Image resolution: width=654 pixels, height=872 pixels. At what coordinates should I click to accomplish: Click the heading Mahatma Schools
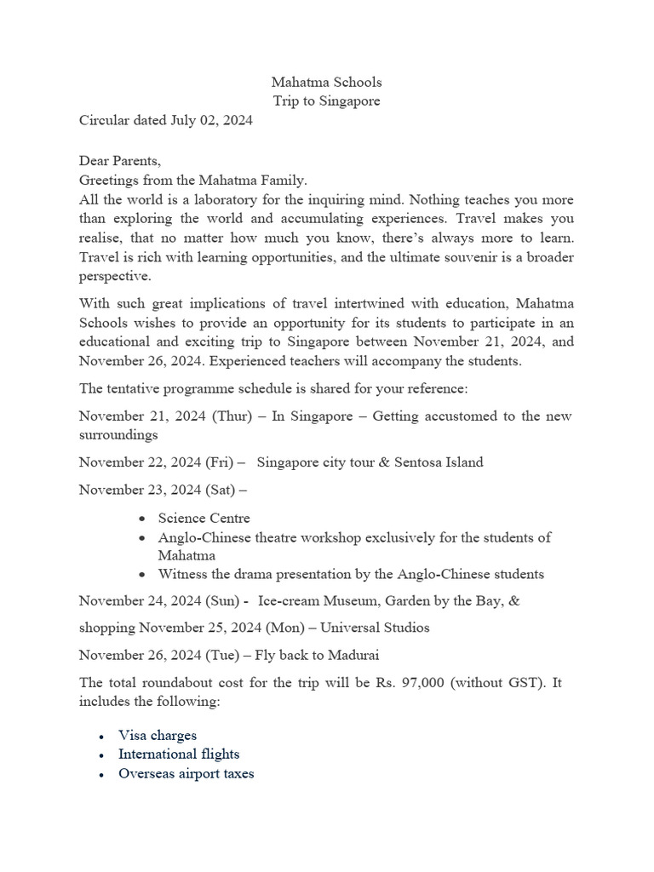[326, 83]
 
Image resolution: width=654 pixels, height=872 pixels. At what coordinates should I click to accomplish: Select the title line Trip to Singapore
[326, 101]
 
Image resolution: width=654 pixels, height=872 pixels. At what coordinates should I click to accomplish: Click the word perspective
[115, 277]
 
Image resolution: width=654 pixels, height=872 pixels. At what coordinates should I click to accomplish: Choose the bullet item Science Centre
[204, 518]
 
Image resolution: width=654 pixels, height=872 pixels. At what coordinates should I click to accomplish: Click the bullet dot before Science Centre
[141, 519]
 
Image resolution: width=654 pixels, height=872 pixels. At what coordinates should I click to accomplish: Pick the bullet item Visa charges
[158, 735]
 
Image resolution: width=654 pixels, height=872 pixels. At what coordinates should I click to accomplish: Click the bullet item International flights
[179, 754]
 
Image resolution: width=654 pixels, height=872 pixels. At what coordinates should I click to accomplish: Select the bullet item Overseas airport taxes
[186, 774]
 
